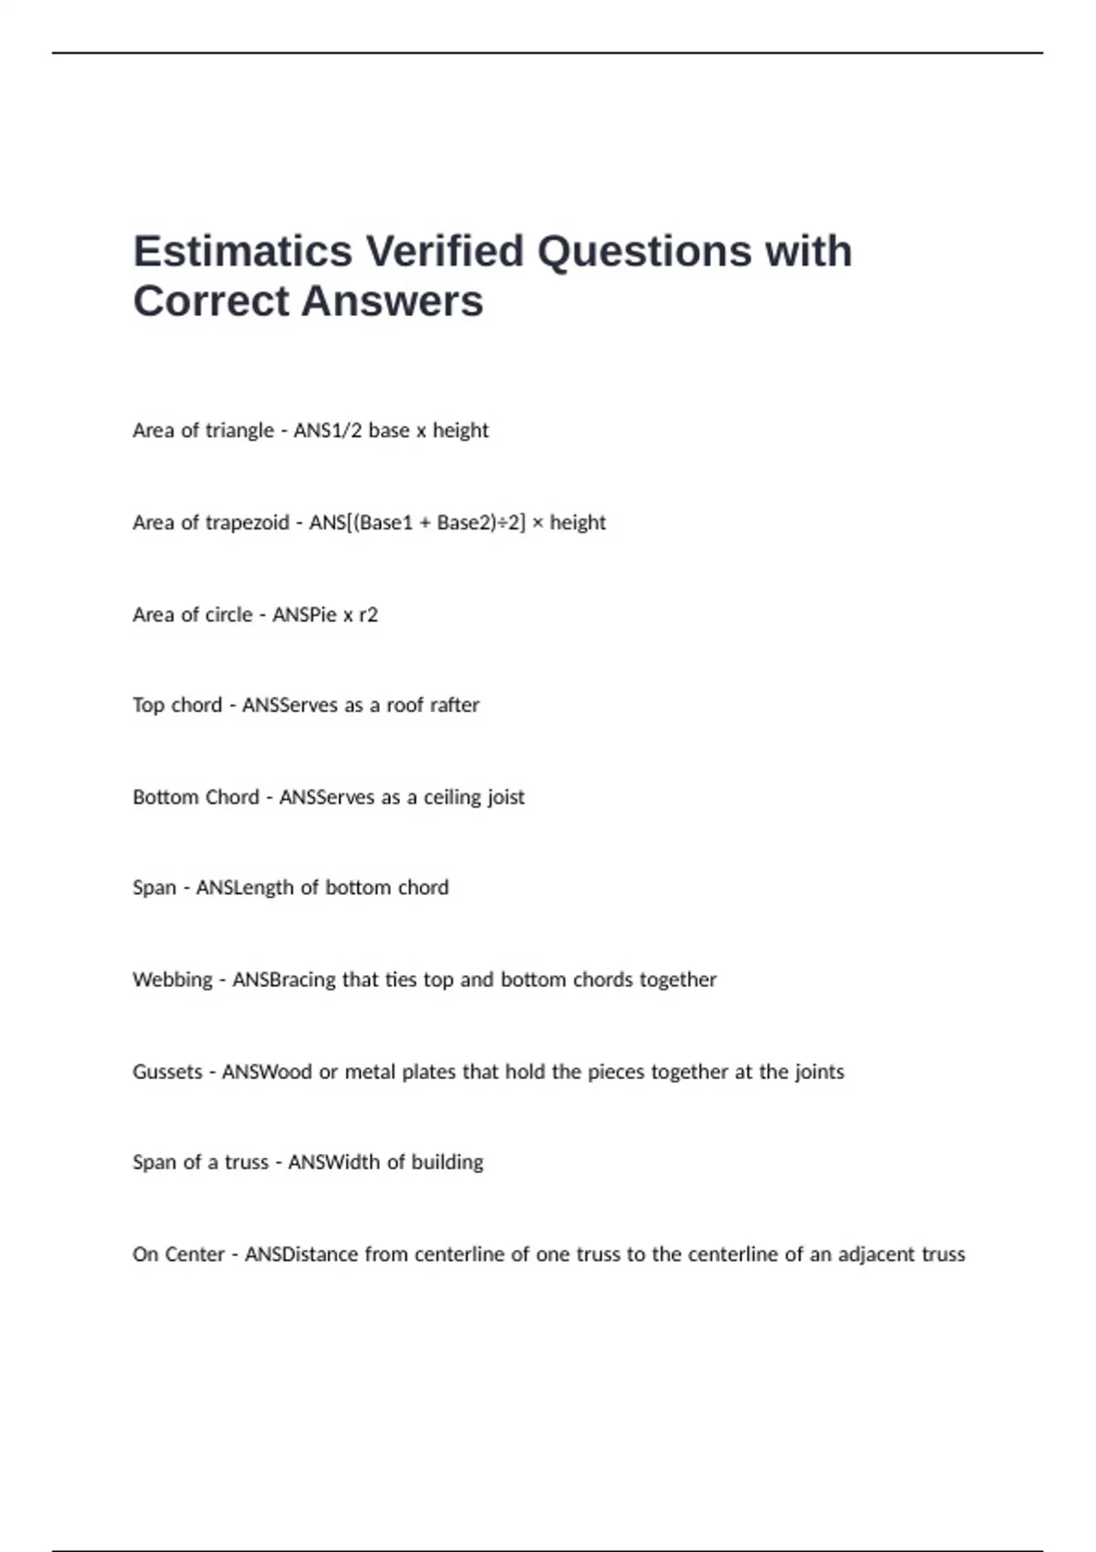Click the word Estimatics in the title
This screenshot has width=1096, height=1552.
pyautogui.click(x=242, y=251)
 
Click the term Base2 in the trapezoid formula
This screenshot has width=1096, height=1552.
pyautogui.click(x=466, y=523)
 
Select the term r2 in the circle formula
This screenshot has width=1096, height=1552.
pyautogui.click(x=368, y=614)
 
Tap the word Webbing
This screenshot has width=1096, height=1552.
pyautogui.click(x=173, y=980)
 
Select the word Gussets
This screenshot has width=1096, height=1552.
pyautogui.click(x=167, y=1072)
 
